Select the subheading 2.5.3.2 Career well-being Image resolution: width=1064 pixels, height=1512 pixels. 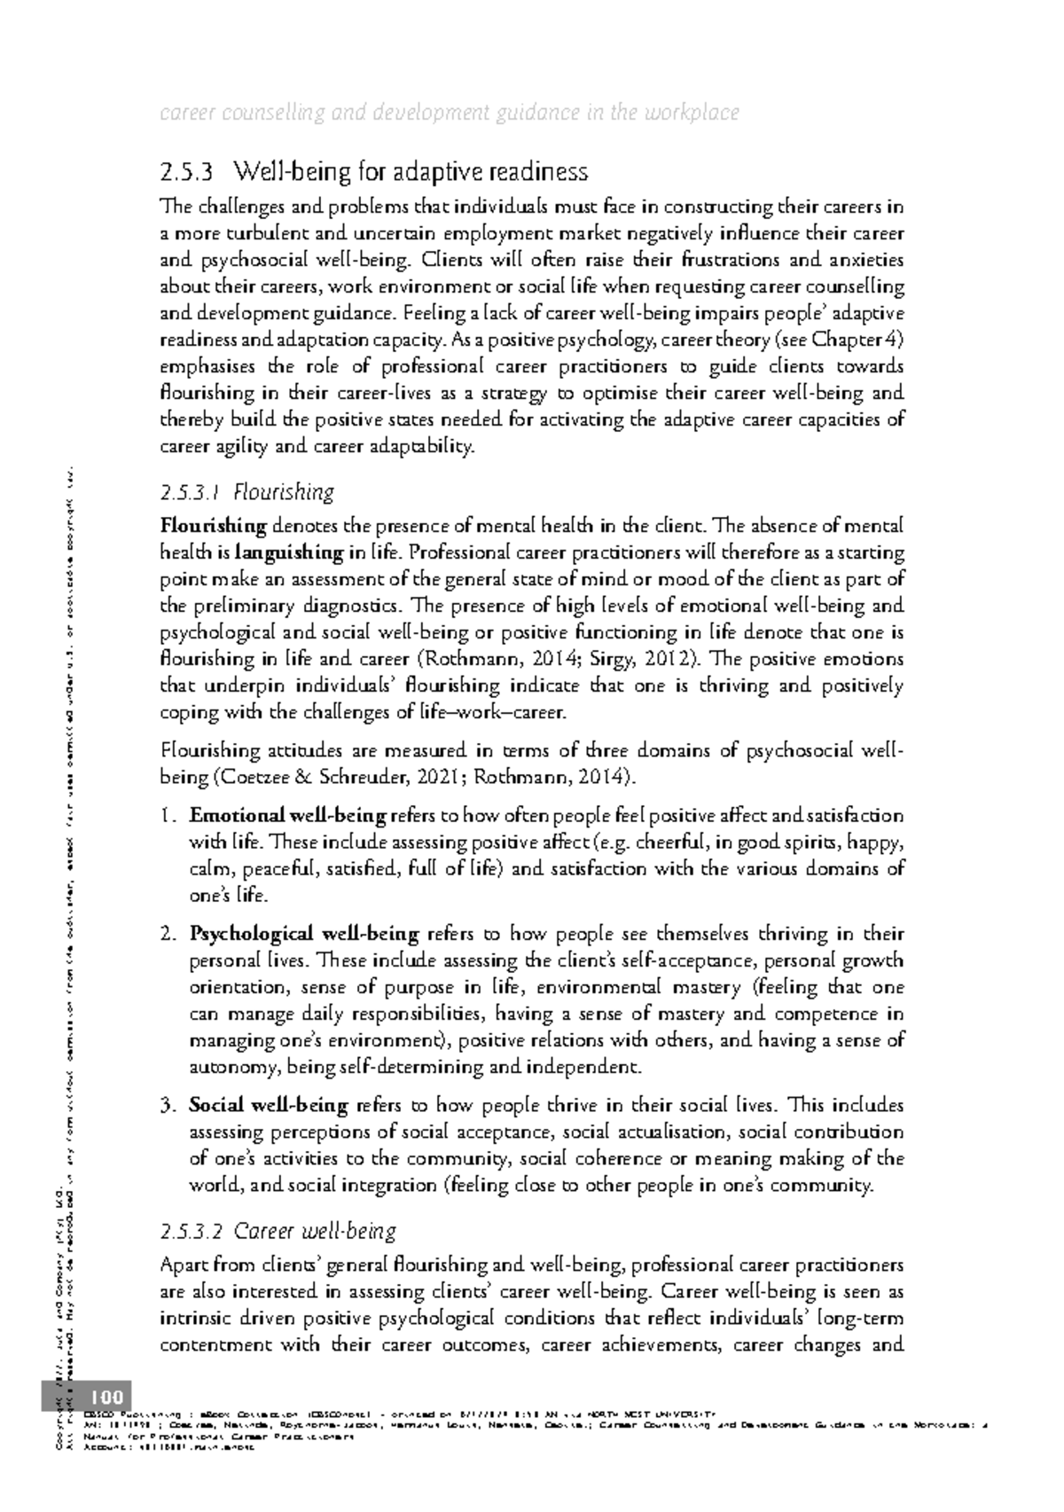tap(278, 1231)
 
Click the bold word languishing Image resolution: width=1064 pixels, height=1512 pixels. tap(289, 553)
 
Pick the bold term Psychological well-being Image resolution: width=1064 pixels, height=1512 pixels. tap(303, 934)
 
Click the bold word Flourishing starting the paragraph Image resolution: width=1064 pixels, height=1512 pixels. tap(213, 527)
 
